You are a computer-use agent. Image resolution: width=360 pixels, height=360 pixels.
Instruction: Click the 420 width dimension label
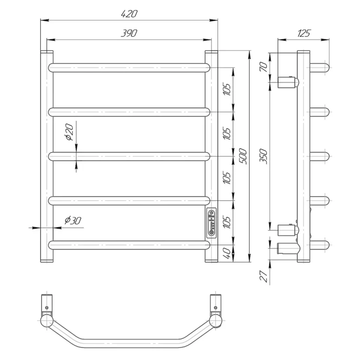(x=129, y=14)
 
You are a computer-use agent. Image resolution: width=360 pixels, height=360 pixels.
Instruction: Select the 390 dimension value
(x=129, y=33)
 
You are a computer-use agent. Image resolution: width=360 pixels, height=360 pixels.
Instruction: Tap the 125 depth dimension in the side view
(x=304, y=33)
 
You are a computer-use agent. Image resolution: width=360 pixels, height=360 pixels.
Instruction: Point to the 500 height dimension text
(x=243, y=156)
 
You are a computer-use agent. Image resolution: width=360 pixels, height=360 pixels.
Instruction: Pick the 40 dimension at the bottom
(x=227, y=253)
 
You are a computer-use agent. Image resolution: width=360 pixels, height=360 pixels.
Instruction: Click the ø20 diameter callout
(x=69, y=132)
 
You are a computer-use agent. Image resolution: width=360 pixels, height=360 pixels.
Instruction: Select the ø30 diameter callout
(x=73, y=220)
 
